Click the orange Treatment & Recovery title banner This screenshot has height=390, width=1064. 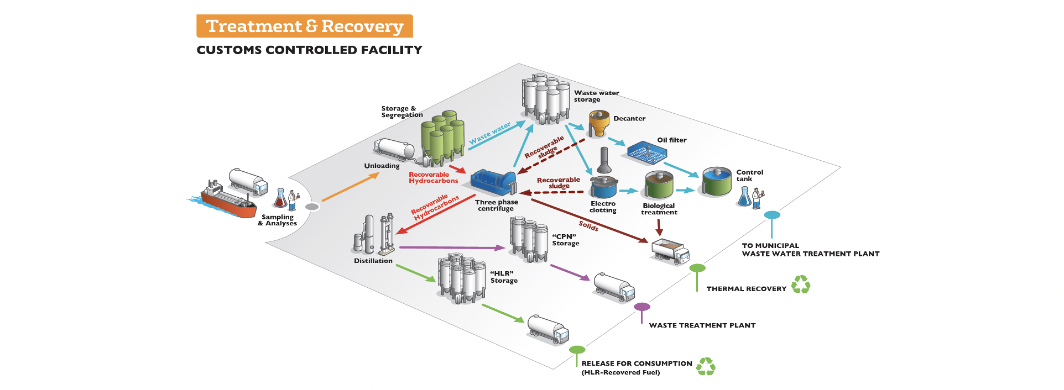click(x=304, y=26)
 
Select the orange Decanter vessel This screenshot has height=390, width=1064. click(x=598, y=123)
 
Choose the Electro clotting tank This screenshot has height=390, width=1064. click(x=603, y=188)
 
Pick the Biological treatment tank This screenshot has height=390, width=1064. click(x=659, y=185)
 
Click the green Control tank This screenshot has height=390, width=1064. click(x=717, y=181)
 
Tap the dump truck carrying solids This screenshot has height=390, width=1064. click(x=671, y=251)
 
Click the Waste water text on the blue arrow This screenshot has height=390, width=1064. click(x=489, y=134)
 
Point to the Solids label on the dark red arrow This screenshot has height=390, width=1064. click(x=588, y=226)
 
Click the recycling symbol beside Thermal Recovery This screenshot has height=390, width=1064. click(x=800, y=285)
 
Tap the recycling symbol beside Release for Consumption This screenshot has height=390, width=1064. click(x=706, y=367)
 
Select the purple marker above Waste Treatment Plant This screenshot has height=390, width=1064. click(x=641, y=307)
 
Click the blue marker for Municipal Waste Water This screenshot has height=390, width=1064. click(x=772, y=215)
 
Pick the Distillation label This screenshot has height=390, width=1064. click(x=373, y=261)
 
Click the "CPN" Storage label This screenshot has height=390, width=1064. click(x=565, y=240)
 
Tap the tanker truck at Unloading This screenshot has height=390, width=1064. click(x=394, y=150)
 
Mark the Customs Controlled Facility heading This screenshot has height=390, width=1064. click(x=309, y=50)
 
